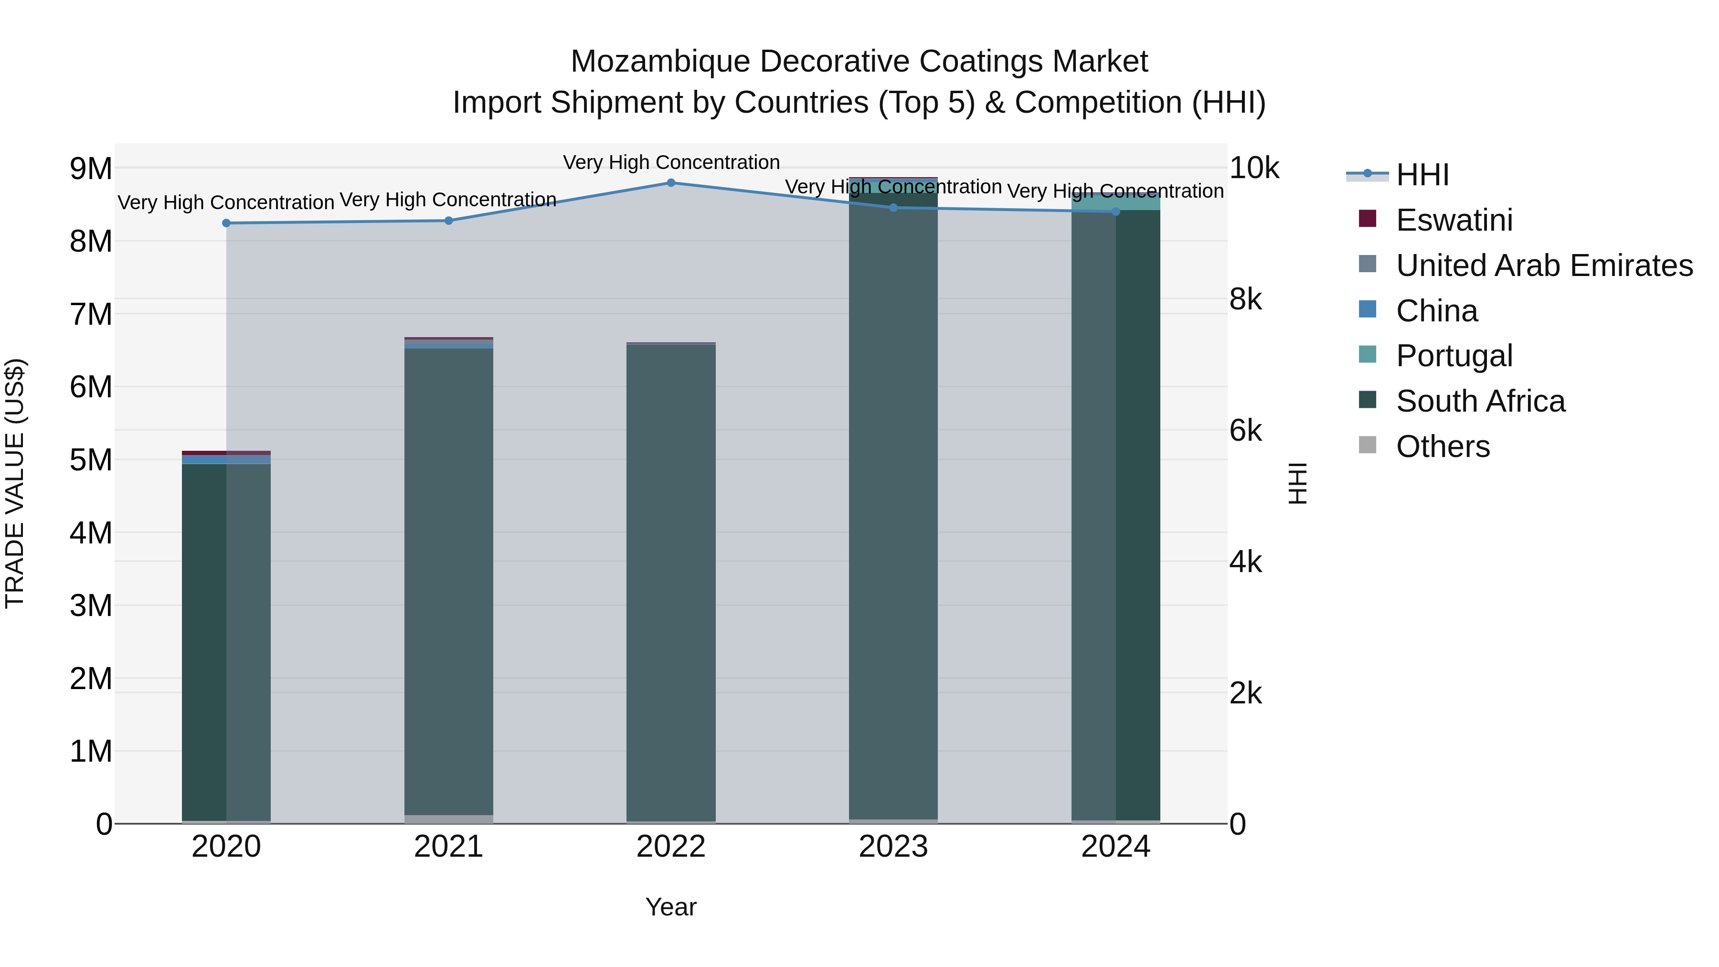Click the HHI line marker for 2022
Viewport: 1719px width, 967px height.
click(671, 183)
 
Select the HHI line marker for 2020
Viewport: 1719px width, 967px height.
click(226, 223)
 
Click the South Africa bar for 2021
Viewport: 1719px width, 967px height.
click(448, 581)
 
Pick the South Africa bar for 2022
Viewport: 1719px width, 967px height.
click(671, 581)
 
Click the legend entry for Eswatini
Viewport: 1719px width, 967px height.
click(1454, 220)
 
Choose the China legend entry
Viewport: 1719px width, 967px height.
click(1436, 311)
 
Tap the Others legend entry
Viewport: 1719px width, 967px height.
click(1442, 446)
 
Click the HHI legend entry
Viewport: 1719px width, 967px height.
click(1422, 175)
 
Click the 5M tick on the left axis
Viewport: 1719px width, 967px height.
click(91, 460)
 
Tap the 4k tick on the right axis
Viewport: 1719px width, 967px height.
click(1245, 562)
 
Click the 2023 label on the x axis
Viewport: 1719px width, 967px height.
click(893, 847)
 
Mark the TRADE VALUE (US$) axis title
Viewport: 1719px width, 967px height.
click(15, 483)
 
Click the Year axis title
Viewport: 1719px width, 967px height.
click(671, 907)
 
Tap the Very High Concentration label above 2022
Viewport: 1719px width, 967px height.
click(671, 162)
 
